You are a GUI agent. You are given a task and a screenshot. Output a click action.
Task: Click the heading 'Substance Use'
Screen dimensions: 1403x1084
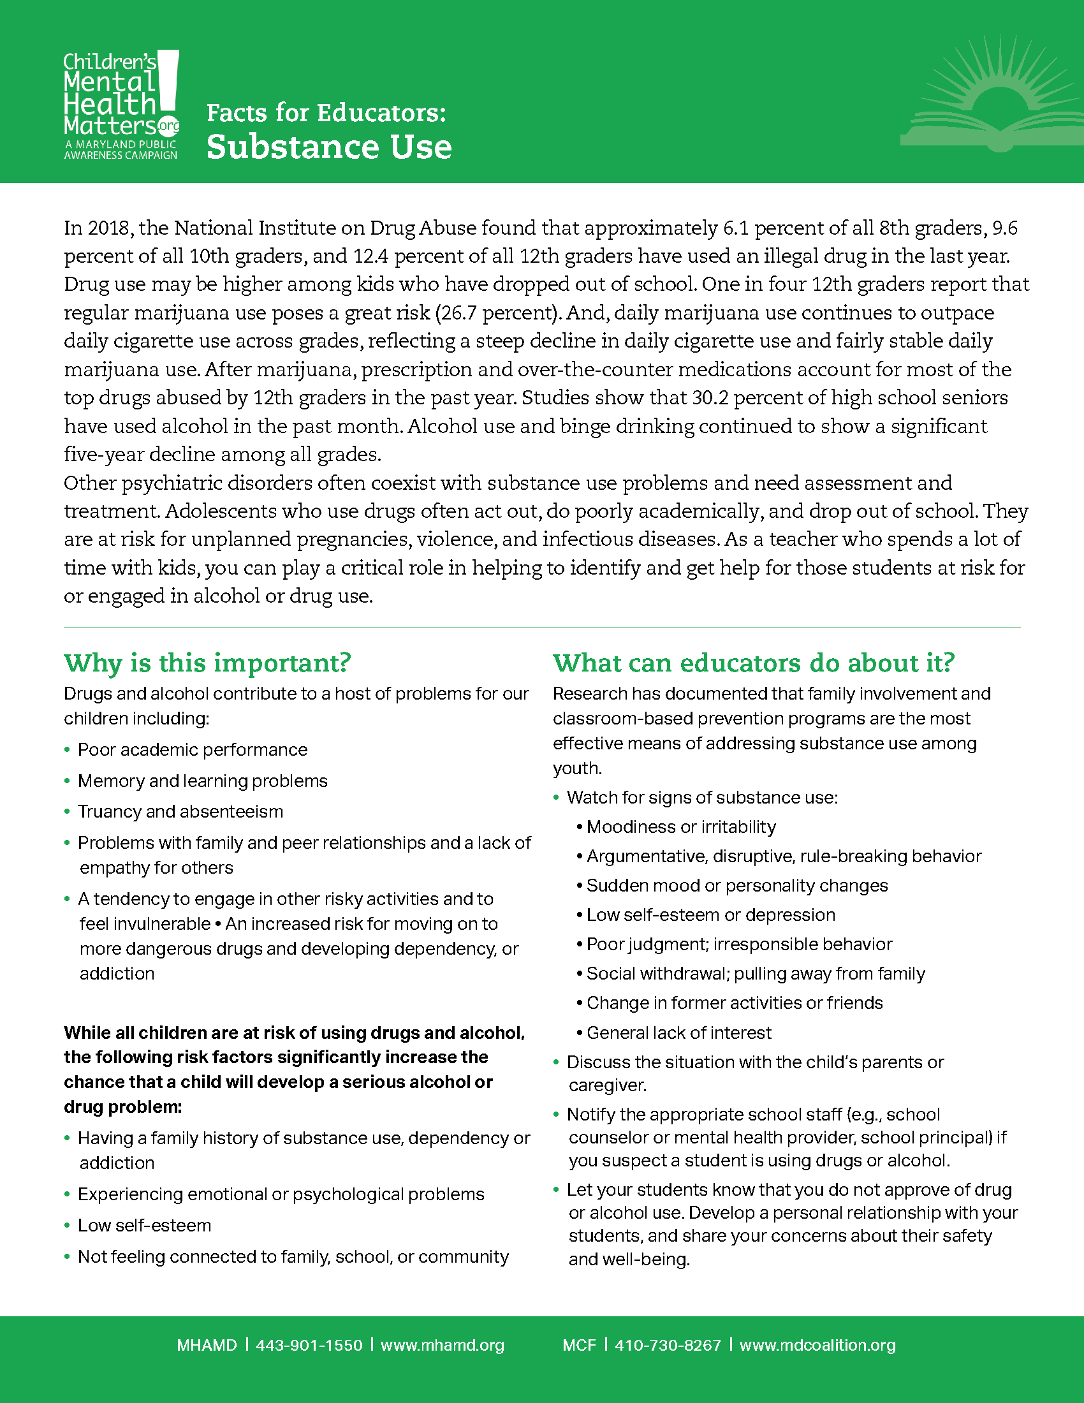[x=329, y=147]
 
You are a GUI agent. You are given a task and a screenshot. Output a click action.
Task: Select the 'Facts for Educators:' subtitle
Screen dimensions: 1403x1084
[x=326, y=113]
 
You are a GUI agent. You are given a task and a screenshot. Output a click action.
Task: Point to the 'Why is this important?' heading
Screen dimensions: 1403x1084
[x=207, y=663]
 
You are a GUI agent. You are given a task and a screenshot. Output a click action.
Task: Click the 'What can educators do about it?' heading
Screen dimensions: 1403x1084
[x=754, y=663]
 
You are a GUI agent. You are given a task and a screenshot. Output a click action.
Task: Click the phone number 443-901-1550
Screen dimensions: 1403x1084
[x=309, y=1344]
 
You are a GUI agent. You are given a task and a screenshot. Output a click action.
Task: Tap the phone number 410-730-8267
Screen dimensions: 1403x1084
[x=667, y=1344]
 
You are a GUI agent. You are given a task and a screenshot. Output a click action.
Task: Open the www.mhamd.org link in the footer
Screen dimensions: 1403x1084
[x=443, y=1344]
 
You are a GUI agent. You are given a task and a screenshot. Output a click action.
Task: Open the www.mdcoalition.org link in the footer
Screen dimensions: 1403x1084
[x=817, y=1344]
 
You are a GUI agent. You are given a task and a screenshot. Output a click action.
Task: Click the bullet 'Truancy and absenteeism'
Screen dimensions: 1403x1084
[x=180, y=811]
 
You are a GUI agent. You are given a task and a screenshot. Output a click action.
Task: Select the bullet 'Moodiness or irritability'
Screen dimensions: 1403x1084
[x=681, y=826]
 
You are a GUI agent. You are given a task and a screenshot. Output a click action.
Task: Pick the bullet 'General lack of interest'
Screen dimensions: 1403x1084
[x=679, y=1032]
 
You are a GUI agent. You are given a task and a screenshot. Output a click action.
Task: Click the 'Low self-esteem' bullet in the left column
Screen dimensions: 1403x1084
[x=145, y=1225]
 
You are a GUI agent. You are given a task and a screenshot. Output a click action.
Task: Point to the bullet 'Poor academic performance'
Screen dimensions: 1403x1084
[x=193, y=750]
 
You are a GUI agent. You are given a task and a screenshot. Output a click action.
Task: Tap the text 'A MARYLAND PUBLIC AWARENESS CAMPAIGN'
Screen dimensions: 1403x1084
[x=121, y=150]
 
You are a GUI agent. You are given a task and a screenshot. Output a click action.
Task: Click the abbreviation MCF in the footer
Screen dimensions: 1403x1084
[x=579, y=1344]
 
